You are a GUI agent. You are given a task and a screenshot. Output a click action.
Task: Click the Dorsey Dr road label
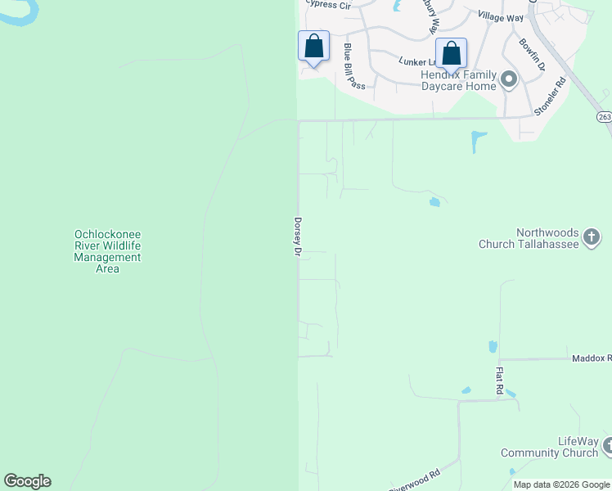point(298,237)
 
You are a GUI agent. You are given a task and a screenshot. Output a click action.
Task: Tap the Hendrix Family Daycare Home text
point(458,80)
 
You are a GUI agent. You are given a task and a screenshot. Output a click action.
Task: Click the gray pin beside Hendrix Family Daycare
point(509,80)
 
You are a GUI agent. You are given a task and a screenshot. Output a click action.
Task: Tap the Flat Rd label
point(498,381)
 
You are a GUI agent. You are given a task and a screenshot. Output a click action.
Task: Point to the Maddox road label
point(592,358)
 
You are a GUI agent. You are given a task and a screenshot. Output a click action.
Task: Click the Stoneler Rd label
point(550,96)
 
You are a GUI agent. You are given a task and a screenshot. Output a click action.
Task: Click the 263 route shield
point(604,117)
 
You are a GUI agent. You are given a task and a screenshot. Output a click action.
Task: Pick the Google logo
point(27,481)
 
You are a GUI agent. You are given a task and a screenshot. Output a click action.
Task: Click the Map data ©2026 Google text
point(560,484)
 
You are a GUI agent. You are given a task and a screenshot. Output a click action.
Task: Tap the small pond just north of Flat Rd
point(493,347)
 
